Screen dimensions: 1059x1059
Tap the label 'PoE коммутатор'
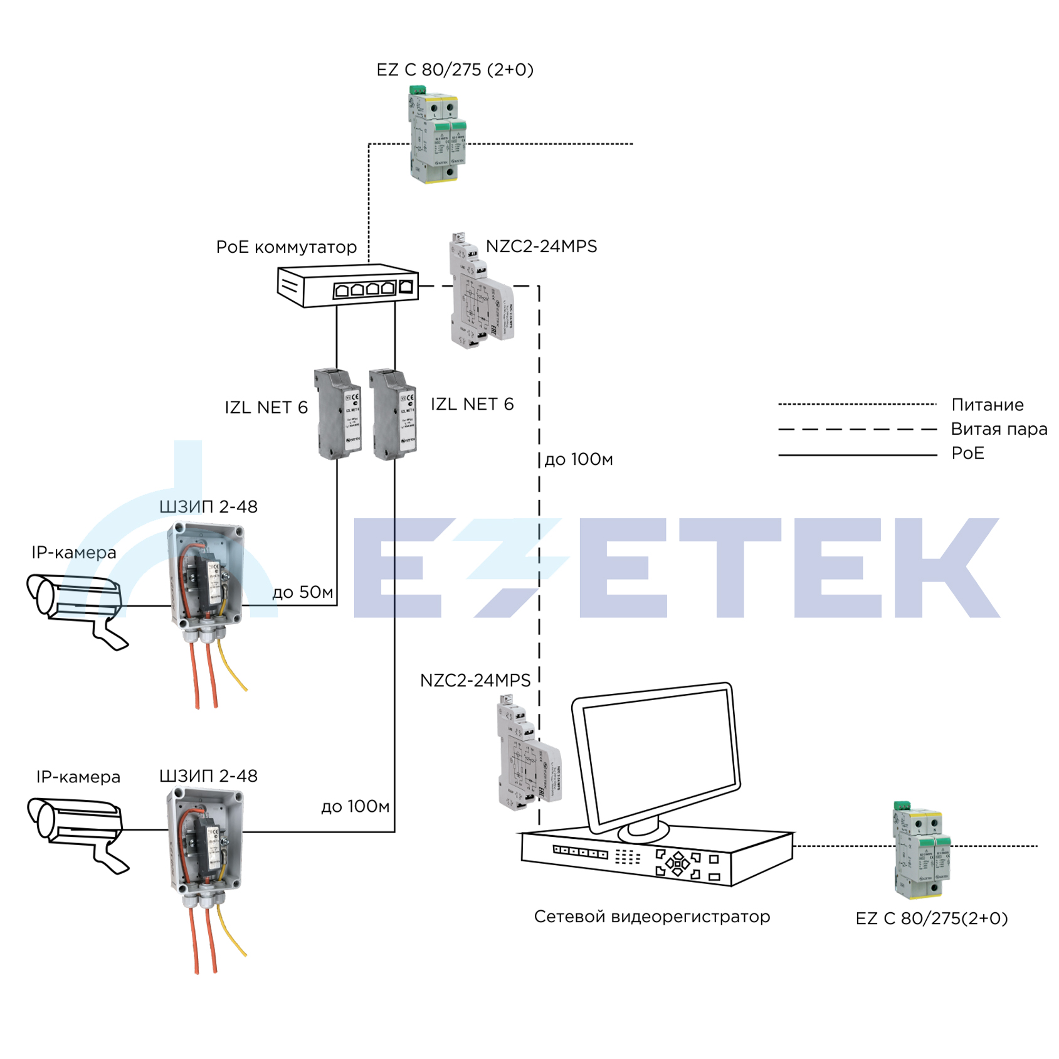(x=286, y=247)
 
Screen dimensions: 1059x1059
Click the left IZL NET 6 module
(x=339, y=415)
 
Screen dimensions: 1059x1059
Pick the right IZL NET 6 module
(x=394, y=415)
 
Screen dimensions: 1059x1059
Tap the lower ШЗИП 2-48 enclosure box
(x=206, y=841)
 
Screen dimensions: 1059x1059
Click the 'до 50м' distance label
(x=303, y=592)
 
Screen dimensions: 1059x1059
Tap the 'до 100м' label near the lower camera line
(x=355, y=807)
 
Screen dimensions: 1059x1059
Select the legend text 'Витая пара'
(x=998, y=429)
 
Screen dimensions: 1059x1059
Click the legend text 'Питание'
(x=987, y=405)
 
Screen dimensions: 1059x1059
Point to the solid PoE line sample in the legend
(x=856, y=455)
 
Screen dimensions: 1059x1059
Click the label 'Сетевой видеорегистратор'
(x=651, y=917)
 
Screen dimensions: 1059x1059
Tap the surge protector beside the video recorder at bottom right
(x=920, y=850)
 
